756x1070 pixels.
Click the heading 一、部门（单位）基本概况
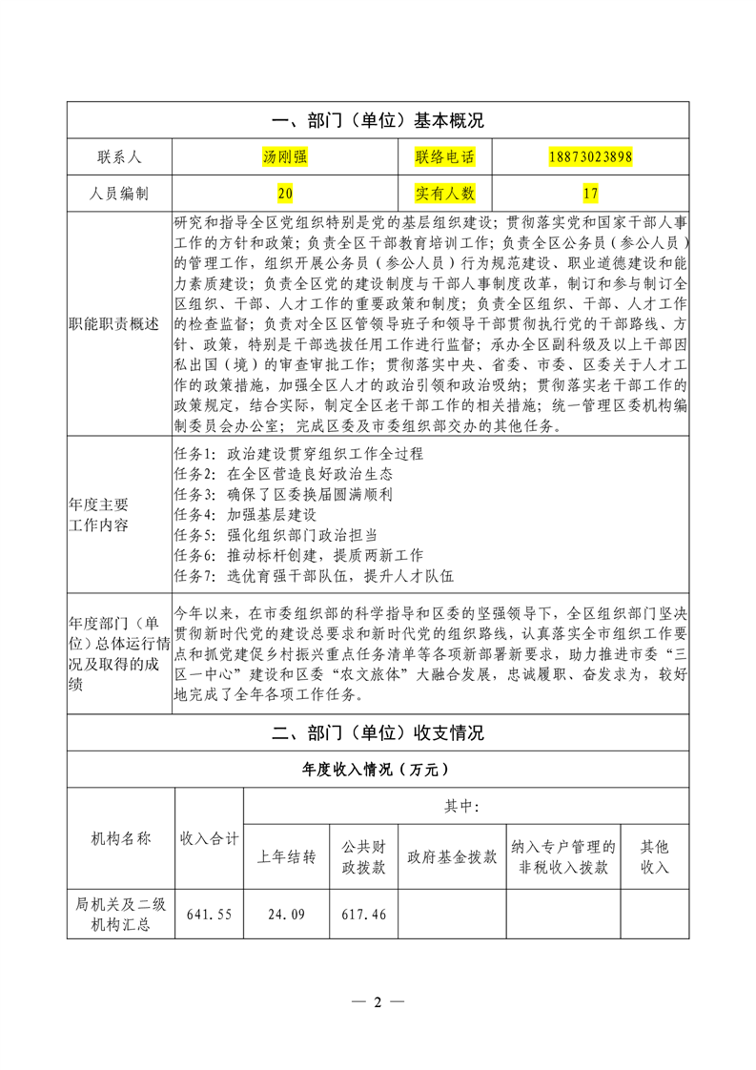[378, 121]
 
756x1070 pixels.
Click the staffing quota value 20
[285, 194]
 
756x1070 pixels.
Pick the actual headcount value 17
[591, 194]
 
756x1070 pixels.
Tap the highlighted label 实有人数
[444, 194]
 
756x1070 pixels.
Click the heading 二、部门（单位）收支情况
[378, 733]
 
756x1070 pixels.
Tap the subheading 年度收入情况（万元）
[378, 770]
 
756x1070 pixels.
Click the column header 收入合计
[210, 839]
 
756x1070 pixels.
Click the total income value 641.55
[210, 914]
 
